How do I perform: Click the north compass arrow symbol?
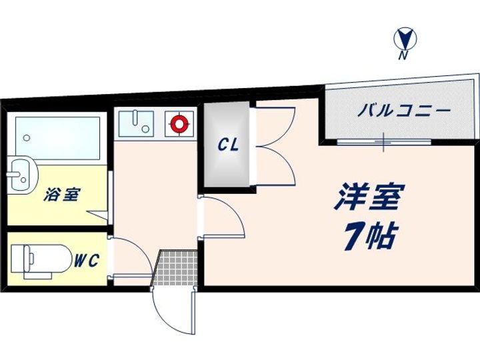(405, 39)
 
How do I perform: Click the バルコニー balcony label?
(404, 111)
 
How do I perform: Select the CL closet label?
(228, 145)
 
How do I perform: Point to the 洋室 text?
(369, 197)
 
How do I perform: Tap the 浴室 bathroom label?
(62, 195)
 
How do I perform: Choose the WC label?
(86, 260)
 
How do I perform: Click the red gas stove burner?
(179, 124)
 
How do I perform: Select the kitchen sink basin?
(136, 124)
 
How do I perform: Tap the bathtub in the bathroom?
(57, 138)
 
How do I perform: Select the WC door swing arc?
(133, 257)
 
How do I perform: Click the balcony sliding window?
(384, 142)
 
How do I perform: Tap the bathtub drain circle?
(27, 138)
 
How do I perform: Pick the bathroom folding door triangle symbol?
(97, 215)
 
